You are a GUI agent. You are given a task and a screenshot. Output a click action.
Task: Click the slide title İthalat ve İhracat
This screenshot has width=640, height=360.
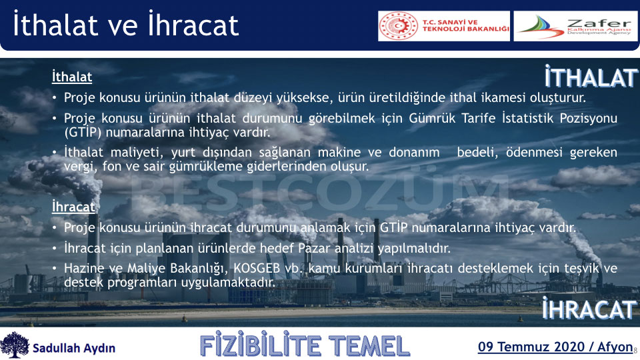[126, 25]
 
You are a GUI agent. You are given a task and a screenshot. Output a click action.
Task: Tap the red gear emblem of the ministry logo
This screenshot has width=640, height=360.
[399, 26]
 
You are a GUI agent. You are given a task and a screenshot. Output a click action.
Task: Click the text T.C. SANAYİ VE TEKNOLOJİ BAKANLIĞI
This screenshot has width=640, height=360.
[466, 26]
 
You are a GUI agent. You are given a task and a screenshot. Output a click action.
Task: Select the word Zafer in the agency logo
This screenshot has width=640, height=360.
[599, 23]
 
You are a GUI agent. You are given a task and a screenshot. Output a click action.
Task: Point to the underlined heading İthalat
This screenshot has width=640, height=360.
[72, 77]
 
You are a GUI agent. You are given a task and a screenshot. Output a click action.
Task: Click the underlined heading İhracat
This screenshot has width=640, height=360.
[73, 207]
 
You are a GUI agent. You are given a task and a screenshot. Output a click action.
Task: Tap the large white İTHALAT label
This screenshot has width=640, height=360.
[591, 77]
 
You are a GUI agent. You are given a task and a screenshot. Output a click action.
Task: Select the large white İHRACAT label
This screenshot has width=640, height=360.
[589, 309]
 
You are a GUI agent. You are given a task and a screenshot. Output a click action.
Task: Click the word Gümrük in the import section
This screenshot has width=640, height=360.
[432, 118]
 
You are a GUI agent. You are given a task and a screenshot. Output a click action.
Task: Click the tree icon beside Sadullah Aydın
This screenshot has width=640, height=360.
[15, 345]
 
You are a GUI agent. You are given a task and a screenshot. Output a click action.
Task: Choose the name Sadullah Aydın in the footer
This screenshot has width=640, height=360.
[74, 348]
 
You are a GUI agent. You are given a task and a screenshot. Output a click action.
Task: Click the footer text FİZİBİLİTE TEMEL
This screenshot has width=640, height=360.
[305, 346]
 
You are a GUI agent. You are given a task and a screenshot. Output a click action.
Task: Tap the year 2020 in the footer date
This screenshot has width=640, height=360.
[568, 347]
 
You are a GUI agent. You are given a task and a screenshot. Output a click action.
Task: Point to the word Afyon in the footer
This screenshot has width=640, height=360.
[615, 347]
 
